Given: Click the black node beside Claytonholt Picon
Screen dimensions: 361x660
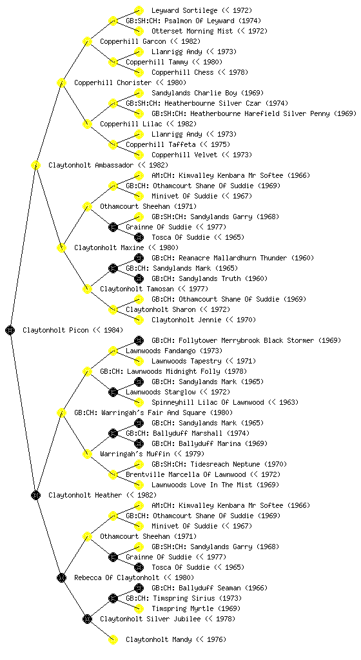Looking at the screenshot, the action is [10, 330].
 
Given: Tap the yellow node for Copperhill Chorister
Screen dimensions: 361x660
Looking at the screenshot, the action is [61, 82].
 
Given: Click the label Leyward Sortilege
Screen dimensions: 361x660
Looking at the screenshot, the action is [184, 10].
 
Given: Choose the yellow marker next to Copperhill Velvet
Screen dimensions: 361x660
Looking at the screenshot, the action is [139, 155].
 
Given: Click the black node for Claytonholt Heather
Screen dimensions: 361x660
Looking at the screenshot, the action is [35, 495].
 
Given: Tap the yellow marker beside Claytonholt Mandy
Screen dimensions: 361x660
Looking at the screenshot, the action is [113, 639].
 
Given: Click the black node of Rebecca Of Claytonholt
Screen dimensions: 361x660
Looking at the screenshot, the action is [61, 577].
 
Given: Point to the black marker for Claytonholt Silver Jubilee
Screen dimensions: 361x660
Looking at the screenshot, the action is [87, 619].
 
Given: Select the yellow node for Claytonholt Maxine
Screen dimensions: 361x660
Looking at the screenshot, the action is [61, 247].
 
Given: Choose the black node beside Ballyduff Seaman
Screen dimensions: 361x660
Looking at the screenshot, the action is [139, 588].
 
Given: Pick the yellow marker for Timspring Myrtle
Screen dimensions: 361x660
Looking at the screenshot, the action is [139, 608].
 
